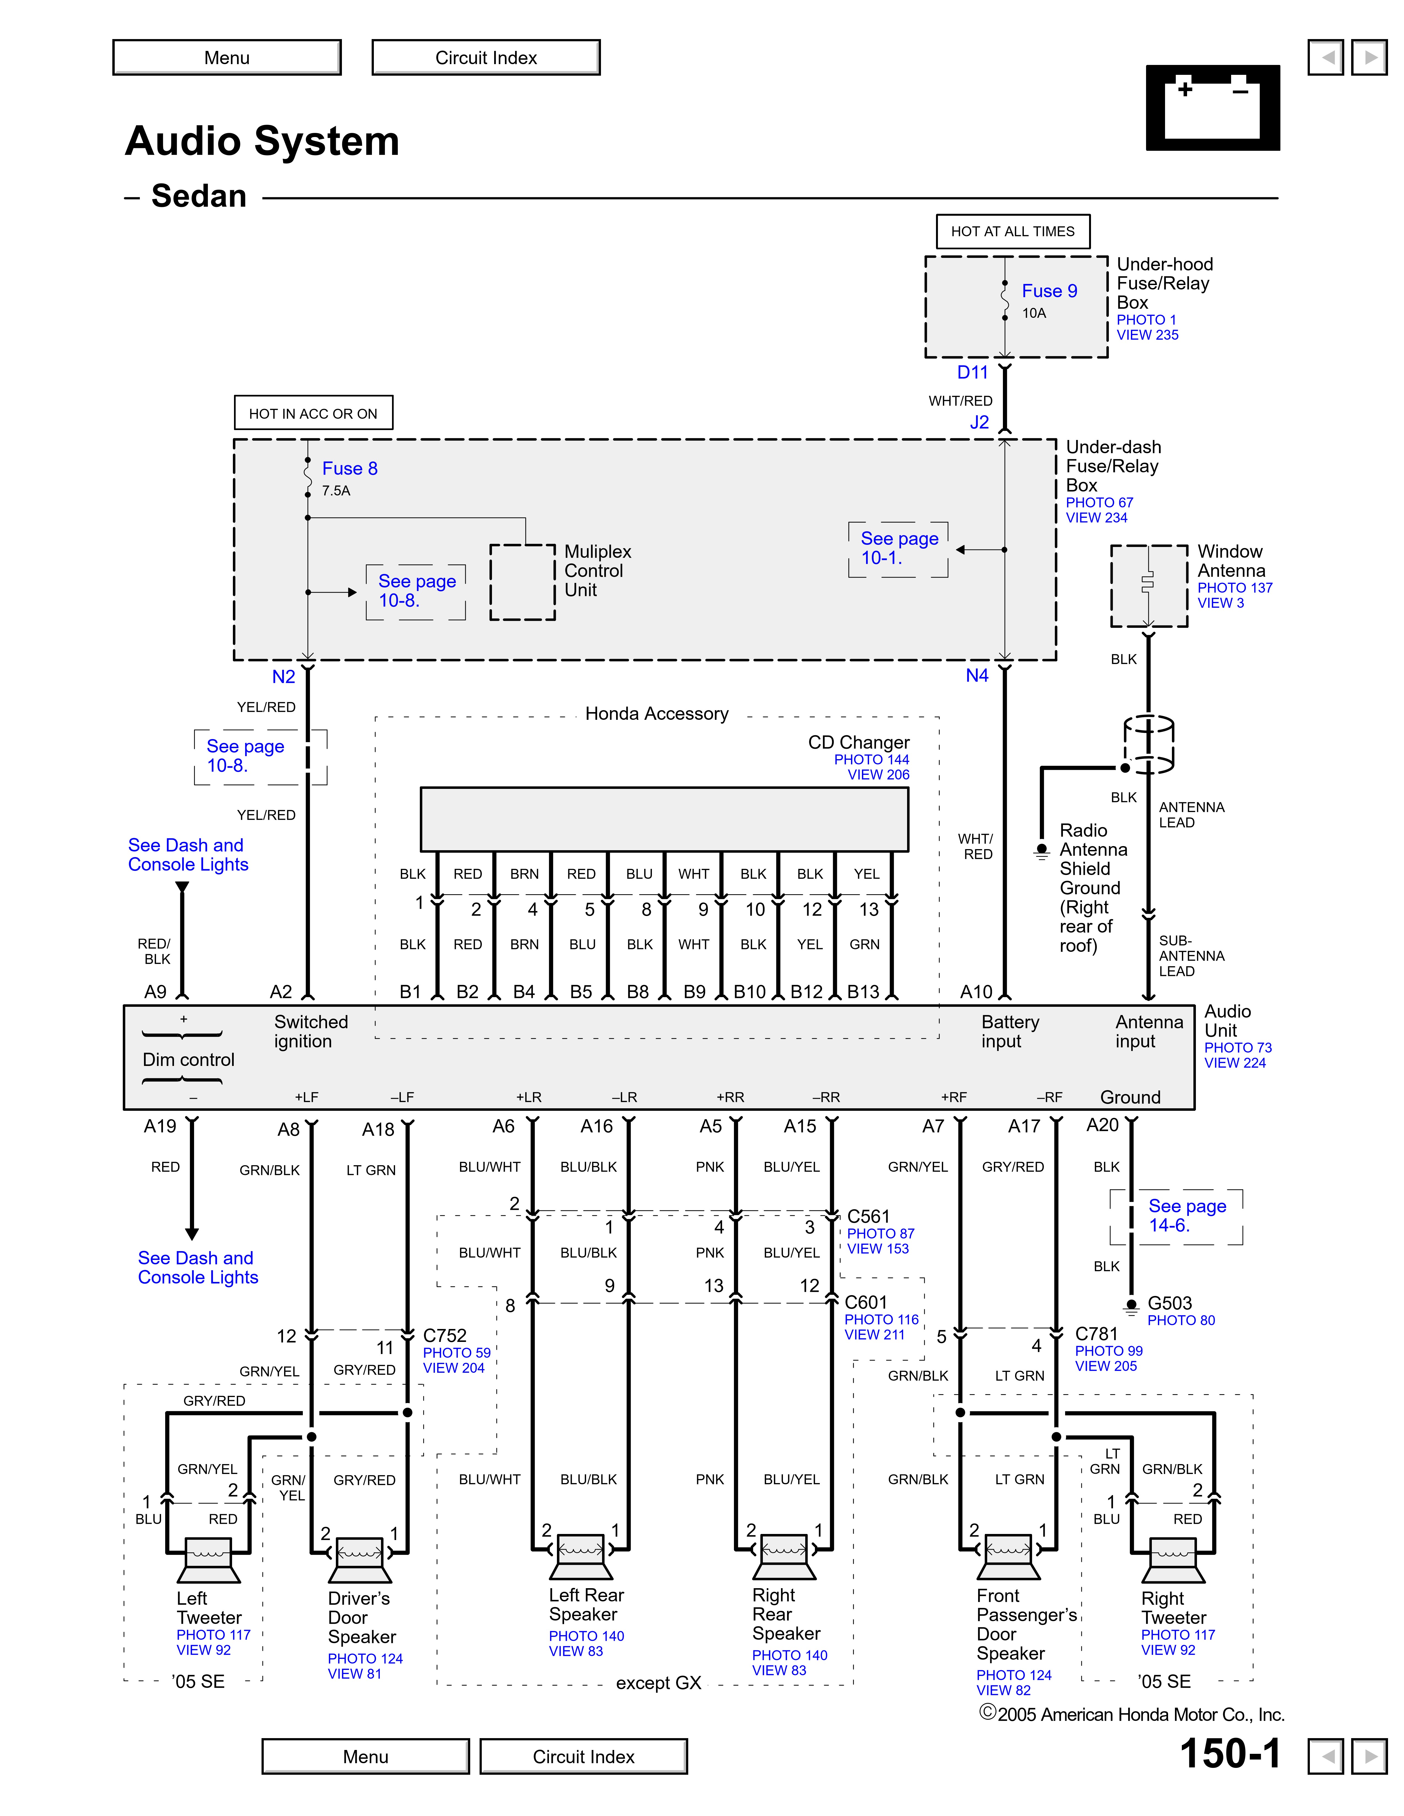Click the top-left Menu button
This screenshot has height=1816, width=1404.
point(227,58)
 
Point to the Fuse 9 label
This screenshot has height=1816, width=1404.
point(1049,291)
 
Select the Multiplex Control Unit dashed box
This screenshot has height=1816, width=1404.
point(522,582)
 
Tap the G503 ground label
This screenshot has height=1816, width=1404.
point(1169,1303)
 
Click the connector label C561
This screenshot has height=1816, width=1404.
point(868,1216)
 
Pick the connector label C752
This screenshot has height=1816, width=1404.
point(445,1335)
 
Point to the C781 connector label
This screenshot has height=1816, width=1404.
point(1096,1334)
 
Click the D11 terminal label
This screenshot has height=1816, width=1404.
point(972,373)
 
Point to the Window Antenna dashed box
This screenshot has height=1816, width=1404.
point(1149,585)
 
